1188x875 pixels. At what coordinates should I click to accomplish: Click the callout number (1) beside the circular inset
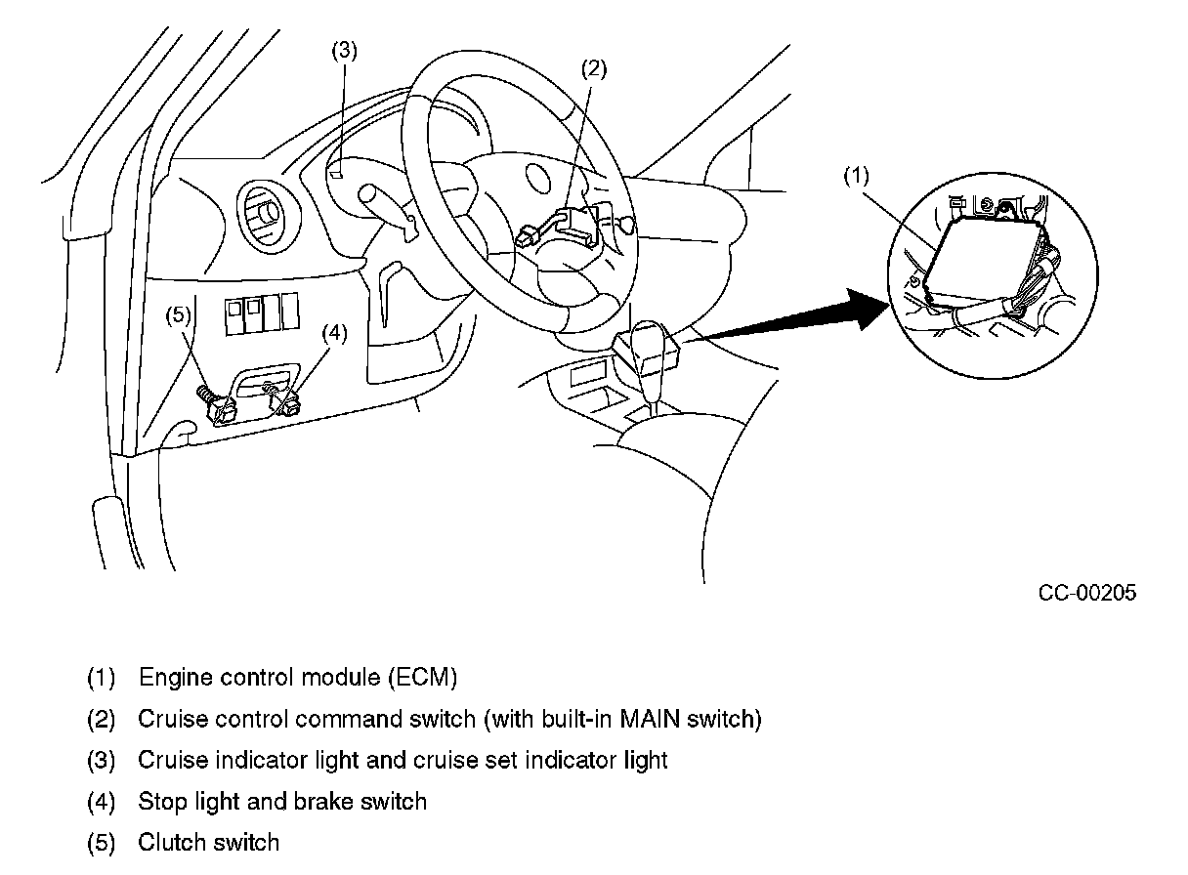856,176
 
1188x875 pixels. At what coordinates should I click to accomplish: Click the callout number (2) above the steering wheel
594,68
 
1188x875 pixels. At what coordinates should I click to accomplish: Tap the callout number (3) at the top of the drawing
344,52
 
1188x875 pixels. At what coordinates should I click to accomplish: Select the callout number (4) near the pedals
334,333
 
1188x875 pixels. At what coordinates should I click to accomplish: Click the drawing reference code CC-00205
1087,593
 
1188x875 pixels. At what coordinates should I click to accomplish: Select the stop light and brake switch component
286,400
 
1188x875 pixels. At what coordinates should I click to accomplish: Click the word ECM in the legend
422,677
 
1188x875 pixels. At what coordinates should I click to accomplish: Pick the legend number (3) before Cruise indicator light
101,760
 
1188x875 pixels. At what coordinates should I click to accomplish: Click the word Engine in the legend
172,677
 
